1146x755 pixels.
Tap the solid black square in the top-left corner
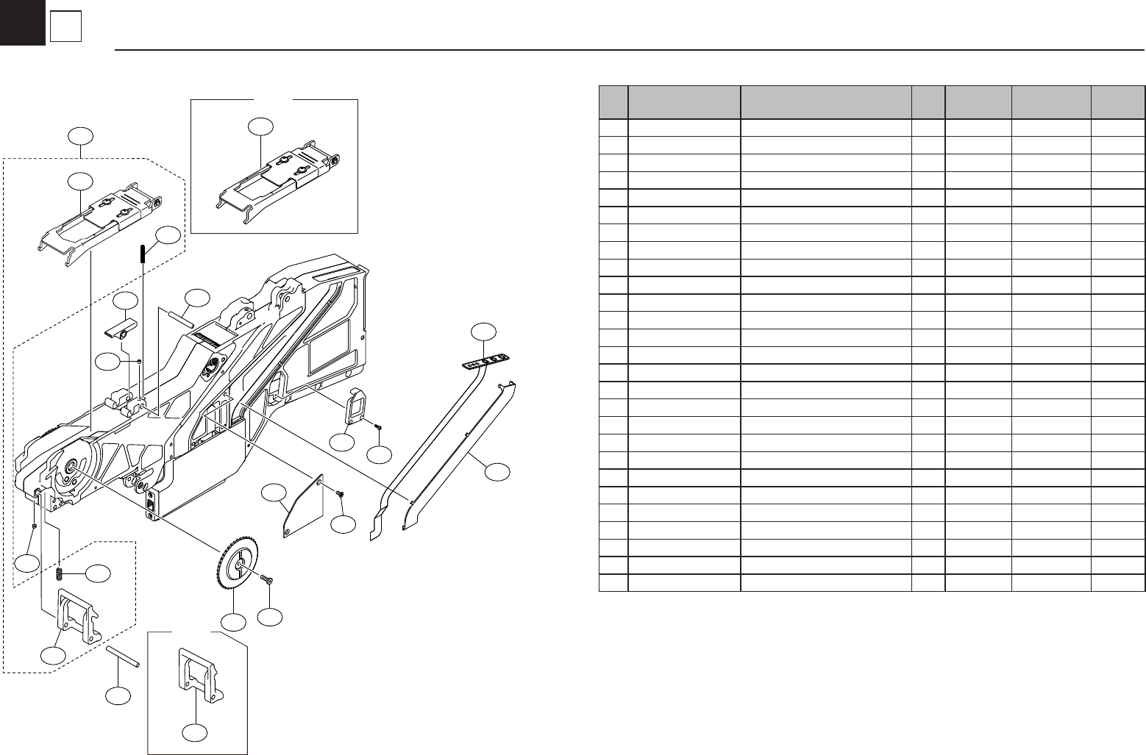point(22,22)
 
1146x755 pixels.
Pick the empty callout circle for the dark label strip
point(484,332)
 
